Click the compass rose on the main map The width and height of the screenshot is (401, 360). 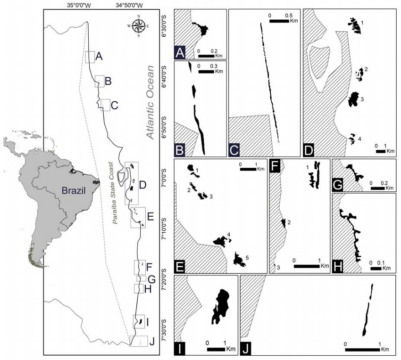(138, 25)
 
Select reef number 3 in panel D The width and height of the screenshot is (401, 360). (353, 99)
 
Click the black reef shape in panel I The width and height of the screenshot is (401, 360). (220, 305)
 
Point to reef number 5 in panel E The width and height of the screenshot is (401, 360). (240, 259)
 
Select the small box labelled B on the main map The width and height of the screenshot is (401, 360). (100, 81)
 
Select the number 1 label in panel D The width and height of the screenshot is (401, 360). (361, 22)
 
